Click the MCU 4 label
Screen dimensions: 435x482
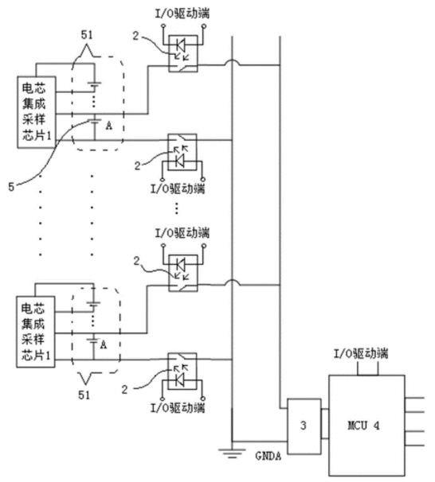[363, 426]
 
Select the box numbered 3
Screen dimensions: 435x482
[304, 426]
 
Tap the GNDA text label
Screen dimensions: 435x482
[268, 456]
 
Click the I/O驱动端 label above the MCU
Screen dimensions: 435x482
[361, 354]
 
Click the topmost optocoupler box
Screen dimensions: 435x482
[183, 53]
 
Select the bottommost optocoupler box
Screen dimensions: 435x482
[182, 371]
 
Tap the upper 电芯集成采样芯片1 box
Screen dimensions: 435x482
[37, 112]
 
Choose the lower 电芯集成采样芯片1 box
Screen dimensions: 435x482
[35, 332]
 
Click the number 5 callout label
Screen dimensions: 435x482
[11, 187]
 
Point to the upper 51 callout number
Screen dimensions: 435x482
[87, 35]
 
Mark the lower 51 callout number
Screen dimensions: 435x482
[84, 395]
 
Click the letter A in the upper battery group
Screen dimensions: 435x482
[108, 126]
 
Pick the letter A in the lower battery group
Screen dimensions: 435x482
[104, 345]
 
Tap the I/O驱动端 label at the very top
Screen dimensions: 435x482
[182, 14]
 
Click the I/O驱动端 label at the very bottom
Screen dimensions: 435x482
[178, 408]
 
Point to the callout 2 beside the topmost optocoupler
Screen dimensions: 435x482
[135, 36]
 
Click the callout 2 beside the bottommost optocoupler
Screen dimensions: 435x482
[124, 390]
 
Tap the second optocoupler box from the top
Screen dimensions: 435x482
[182, 152]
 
